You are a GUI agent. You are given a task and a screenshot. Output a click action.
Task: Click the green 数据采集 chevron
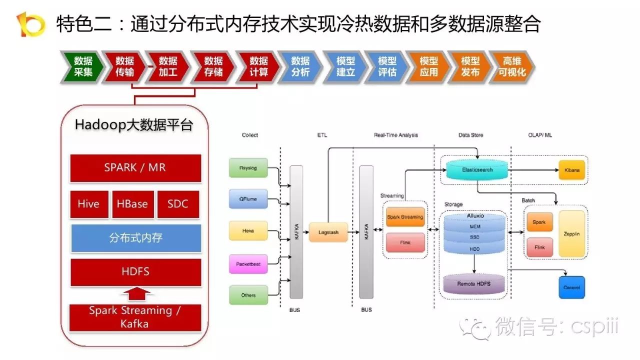click(82, 66)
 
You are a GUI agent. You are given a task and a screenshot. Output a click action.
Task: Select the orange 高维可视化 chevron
click(510, 66)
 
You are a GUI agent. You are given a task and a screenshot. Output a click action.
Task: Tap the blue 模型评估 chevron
click(386, 66)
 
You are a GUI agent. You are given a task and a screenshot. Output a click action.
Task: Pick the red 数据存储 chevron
click(212, 66)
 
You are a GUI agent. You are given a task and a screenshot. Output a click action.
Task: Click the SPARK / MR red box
click(135, 168)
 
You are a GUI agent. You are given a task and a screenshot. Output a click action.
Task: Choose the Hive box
click(89, 204)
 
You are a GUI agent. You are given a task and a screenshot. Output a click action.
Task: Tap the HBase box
click(132, 204)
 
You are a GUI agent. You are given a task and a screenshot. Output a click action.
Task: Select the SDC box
click(178, 204)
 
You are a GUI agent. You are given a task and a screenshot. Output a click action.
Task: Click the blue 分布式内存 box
click(135, 237)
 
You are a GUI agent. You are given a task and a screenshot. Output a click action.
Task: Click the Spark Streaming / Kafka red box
click(135, 317)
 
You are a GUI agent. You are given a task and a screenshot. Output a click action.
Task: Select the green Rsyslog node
click(248, 167)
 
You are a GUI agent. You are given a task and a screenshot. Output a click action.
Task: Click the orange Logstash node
click(328, 232)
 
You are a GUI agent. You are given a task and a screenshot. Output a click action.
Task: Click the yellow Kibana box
click(572, 170)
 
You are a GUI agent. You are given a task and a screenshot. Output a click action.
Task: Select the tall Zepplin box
click(572, 233)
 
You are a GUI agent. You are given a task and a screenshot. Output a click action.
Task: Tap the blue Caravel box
click(572, 287)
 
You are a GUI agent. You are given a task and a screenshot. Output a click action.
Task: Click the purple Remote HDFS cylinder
click(473, 283)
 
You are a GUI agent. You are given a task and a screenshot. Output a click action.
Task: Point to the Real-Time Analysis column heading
click(395, 135)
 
